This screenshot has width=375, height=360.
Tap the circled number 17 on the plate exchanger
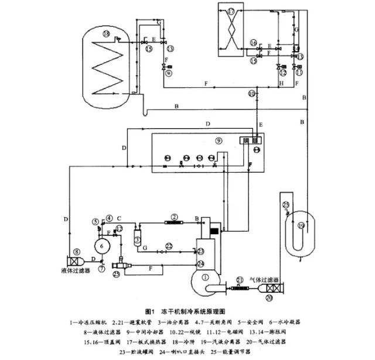click(231, 11)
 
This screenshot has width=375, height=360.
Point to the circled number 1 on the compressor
click(204, 278)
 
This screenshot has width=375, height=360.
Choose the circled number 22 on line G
click(169, 246)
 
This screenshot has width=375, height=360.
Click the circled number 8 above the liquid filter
click(76, 252)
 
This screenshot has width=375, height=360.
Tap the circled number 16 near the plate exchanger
click(253, 43)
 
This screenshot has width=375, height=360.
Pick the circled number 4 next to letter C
click(109, 219)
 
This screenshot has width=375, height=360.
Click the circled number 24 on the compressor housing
click(201, 264)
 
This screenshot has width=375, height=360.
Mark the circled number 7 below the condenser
click(103, 268)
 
